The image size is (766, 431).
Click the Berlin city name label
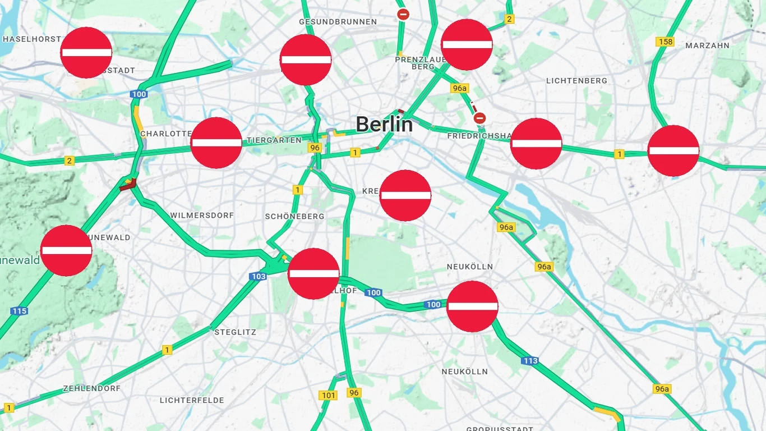pyautogui.click(x=384, y=124)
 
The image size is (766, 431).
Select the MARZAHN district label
pyautogui.click(x=707, y=45)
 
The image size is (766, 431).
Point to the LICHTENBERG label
pyautogui.click(x=576, y=81)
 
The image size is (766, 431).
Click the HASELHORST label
pyautogui.click(x=31, y=39)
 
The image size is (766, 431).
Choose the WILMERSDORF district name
pyautogui.click(x=202, y=215)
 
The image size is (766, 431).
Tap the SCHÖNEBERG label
pyautogui.click(x=294, y=217)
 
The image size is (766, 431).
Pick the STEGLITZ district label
pyautogui.click(x=235, y=332)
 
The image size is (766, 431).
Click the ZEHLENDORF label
pyautogui.click(x=91, y=388)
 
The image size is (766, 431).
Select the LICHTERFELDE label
pyautogui.click(x=192, y=400)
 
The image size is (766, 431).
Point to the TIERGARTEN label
pyautogui.click(x=274, y=140)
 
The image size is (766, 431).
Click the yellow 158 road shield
pyautogui.click(x=665, y=42)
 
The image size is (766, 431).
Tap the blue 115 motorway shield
pyautogui.click(x=19, y=311)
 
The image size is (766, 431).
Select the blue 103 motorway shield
pyautogui.click(x=259, y=276)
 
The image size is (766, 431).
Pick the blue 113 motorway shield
pyautogui.click(x=530, y=361)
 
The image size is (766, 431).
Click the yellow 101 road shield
pyautogui.click(x=329, y=396)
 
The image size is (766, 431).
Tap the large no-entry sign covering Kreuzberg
pyautogui.click(x=405, y=195)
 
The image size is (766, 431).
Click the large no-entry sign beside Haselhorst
pyautogui.click(x=86, y=52)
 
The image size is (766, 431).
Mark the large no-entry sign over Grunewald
pyautogui.click(x=66, y=250)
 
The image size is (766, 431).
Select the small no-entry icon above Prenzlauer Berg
pyautogui.click(x=403, y=14)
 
